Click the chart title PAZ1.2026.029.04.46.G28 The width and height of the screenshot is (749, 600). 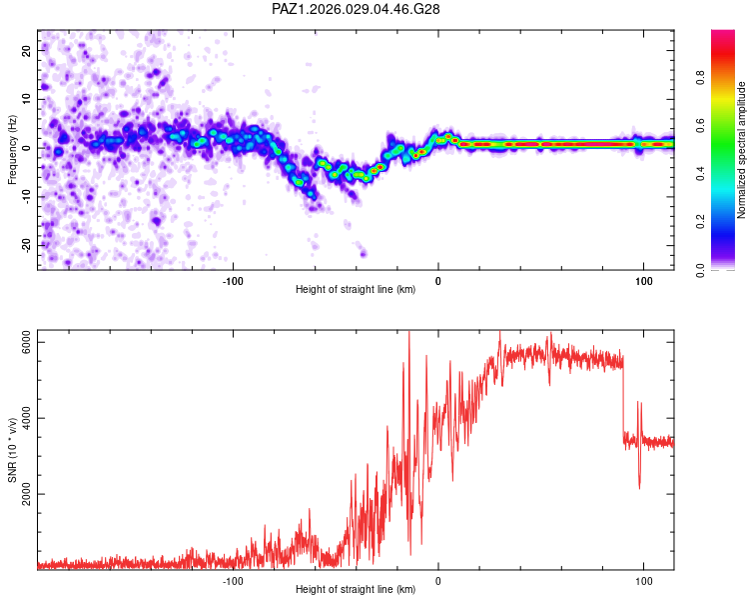[357, 9]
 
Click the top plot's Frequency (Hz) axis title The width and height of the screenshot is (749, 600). [12, 149]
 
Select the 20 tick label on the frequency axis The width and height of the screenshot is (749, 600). [27, 50]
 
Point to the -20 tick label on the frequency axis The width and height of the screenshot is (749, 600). [25, 245]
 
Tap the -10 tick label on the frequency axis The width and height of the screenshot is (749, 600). [25, 196]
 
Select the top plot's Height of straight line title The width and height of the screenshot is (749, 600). [356, 289]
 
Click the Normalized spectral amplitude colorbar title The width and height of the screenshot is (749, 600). [742, 150]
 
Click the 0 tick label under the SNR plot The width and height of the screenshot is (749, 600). [438, 578]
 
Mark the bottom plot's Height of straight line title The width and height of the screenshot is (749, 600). [356, 589]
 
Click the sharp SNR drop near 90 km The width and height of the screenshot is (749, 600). [623, 400]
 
